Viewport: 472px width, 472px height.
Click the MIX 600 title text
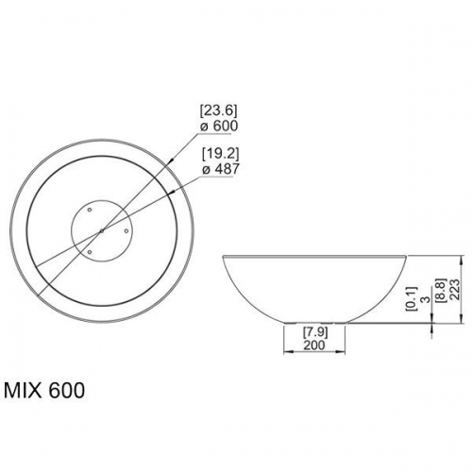coord(44,391)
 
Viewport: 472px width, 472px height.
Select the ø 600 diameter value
coord(219,126)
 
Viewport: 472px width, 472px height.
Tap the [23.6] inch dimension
coord(219,110)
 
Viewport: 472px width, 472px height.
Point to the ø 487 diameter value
coord(221,169)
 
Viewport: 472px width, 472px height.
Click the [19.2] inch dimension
coord(220,154)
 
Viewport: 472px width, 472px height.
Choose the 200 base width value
coord(314,346)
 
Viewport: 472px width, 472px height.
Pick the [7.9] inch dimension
coord(315,332)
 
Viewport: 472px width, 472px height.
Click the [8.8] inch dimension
coord(441,290)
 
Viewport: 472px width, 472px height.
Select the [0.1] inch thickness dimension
coord(412,299)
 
